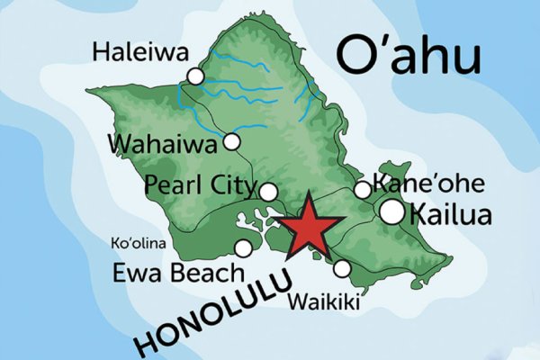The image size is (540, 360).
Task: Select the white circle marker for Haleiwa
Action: pos(195,77)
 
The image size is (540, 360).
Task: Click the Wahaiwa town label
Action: pos(164,143)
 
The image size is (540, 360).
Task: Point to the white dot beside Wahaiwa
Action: pos(232,141)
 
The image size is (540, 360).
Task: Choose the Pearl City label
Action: pos(200,186)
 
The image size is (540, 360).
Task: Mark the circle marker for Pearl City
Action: pos(268,191)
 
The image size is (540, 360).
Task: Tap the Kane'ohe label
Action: pos(428,185)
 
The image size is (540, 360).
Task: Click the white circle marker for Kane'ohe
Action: pos(362,190)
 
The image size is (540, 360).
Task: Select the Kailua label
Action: pos(451,214)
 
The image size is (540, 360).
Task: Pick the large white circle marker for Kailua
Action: pos(392,211)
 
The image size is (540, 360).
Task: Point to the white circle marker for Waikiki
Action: pos(342,268)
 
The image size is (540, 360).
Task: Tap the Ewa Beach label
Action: pos(177,273)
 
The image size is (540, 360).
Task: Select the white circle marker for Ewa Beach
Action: pos(243,248)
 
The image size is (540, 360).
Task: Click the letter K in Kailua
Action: pos(418,214)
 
